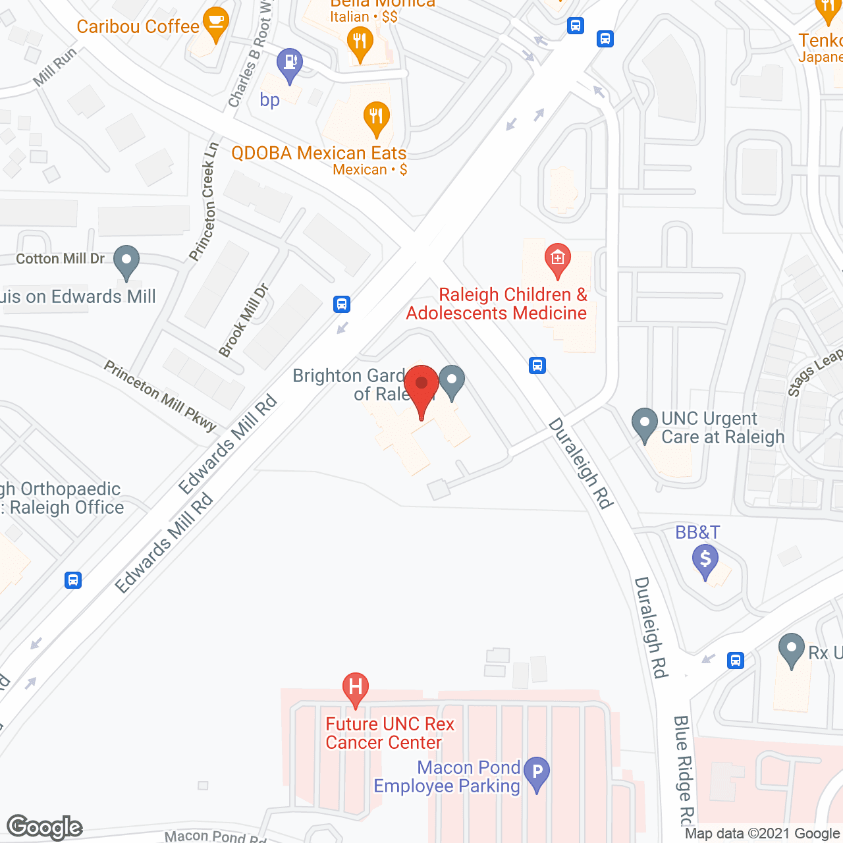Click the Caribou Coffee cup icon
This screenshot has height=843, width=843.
pos(215,24)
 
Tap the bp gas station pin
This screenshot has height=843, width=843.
pos(289,65)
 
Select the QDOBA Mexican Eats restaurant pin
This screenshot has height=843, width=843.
pos(375,119)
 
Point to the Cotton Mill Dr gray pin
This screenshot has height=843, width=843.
pos(126,262)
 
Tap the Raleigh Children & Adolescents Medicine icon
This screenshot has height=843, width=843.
pos(557,259)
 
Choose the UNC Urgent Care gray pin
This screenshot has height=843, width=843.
pos(644,425)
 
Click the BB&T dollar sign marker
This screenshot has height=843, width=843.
pos(705,561)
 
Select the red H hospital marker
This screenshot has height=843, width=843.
pos(355,689)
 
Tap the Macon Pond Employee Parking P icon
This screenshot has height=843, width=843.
pos(537,773)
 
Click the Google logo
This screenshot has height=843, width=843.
pos(45,827)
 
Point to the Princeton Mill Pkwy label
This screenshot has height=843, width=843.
pos(160,396)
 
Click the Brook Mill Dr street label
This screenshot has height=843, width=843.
pos(244,320)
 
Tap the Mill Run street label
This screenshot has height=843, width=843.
pos(55,67)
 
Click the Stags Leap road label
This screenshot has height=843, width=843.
pos(815,372)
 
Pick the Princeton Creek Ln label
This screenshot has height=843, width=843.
pos(204,202)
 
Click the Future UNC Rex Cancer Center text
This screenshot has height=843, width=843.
pos(390,733)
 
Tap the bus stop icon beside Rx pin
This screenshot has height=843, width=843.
pos(736,660)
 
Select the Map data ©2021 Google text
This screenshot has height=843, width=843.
pos(762,833)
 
